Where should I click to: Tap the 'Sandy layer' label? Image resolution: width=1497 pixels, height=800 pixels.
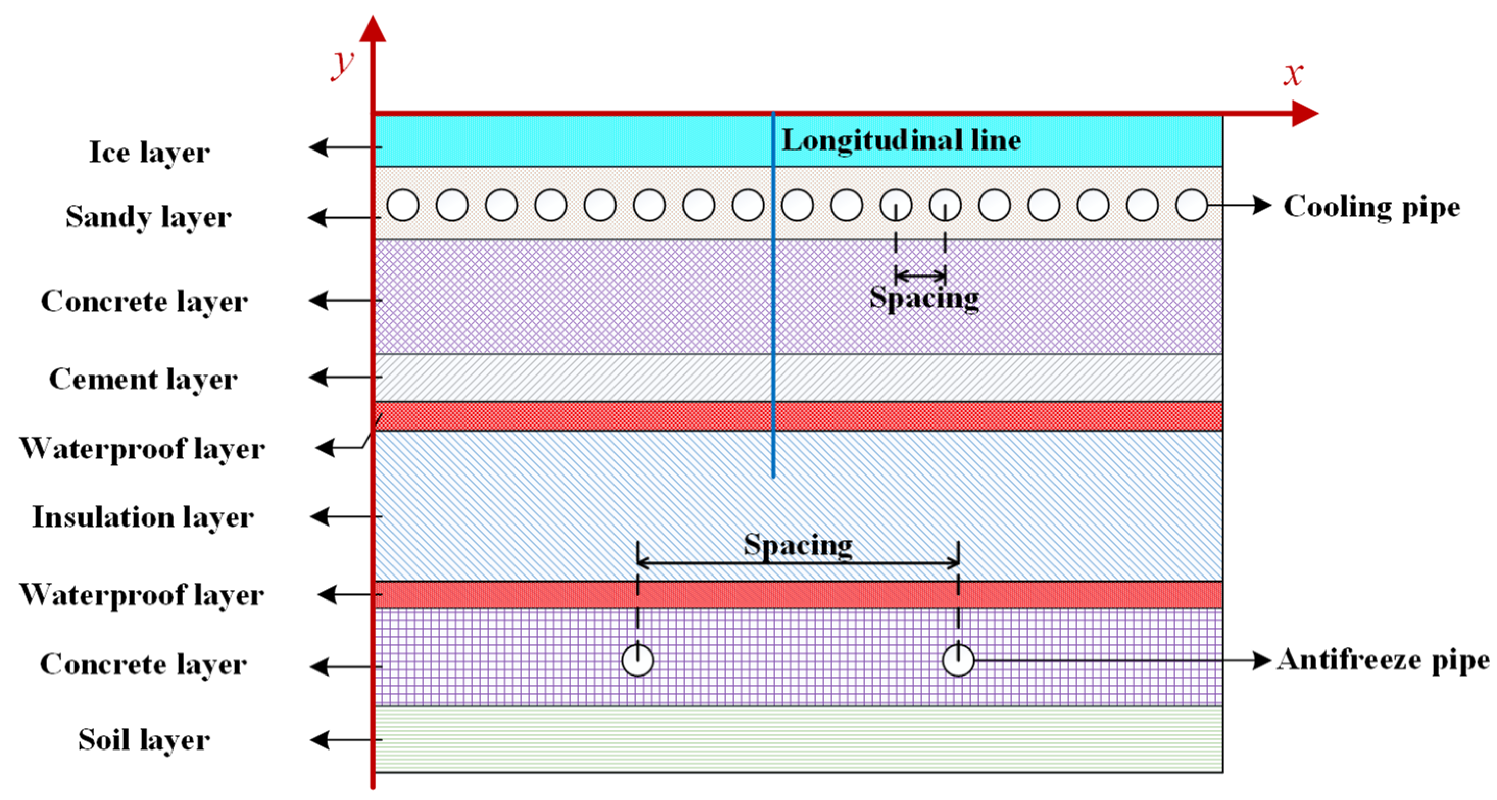[x=148, y=217]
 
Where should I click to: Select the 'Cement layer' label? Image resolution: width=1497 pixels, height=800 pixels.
[x=143, y=379]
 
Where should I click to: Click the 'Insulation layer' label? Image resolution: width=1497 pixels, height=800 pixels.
[x=142, y=516]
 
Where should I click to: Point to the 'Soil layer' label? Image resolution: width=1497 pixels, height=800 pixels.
[x=143, y=740]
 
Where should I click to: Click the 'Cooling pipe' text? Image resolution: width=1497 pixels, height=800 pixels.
[x=1371, y=207]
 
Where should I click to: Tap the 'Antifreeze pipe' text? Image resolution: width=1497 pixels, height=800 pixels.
[x=1383, y=660]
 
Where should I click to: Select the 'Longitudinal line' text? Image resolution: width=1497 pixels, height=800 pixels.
[x=901, y=141]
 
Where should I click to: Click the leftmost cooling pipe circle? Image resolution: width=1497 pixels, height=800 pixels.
[x=403, y=205]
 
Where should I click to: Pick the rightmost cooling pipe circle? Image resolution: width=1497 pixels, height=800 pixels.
[x=1191, y=205]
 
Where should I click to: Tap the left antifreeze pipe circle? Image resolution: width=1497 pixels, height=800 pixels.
[x=637, y=661]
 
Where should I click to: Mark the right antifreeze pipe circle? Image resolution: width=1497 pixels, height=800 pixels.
[x=958, y=661]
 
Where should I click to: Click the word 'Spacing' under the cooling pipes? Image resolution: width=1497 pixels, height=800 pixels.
[x=924, y=298]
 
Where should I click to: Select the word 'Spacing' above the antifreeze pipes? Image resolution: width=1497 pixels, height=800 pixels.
[x=798, y=545]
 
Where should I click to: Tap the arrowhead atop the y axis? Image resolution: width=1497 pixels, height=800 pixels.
[x=373, y=29]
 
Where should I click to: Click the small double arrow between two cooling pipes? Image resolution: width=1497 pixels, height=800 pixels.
[x=921, y=275]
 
